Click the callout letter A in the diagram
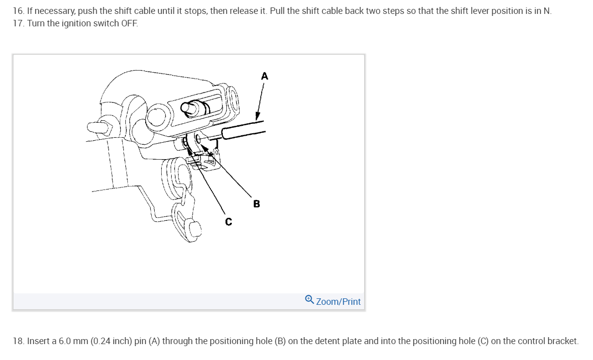point(264,77)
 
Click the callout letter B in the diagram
point(256,204)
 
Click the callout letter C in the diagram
point(228,222)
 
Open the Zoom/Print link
point(338,301)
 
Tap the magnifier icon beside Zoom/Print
point(309,299)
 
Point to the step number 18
point(18,341)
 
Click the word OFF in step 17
point(129,23)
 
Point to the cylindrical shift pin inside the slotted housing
point(194,108)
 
